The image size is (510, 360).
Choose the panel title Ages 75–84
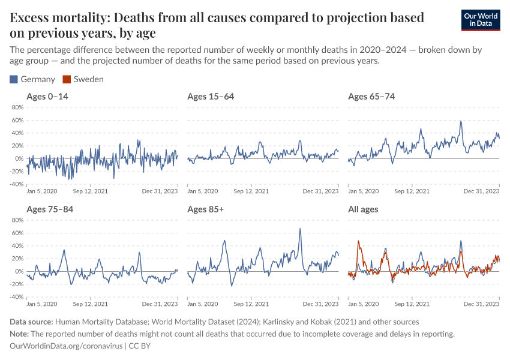[49, 209]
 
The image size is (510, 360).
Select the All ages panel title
[364, 209]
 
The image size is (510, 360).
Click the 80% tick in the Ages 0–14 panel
[17, 107]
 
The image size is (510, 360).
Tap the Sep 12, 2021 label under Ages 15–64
[251, 191]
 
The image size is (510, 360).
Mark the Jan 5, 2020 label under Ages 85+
[203, 304]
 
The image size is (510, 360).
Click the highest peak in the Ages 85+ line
[301, 229]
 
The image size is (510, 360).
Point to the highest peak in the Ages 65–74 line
[461, 121]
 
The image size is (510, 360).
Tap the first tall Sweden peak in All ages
[358, 241]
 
